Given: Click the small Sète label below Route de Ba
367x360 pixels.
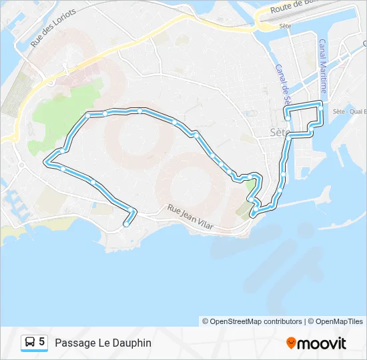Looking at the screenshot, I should click(286, 25).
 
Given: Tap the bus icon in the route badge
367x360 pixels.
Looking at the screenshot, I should click(30, 343).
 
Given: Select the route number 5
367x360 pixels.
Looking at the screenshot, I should click(42, 342).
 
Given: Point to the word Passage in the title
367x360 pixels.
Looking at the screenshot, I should click(73, 343).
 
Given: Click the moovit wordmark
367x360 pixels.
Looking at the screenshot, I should click(322, 343).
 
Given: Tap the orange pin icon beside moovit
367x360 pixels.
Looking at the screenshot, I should click(291, 343).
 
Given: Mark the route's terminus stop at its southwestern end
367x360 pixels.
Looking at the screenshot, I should click(125, 225).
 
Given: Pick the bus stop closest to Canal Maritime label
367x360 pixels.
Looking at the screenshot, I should click(321, 109).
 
